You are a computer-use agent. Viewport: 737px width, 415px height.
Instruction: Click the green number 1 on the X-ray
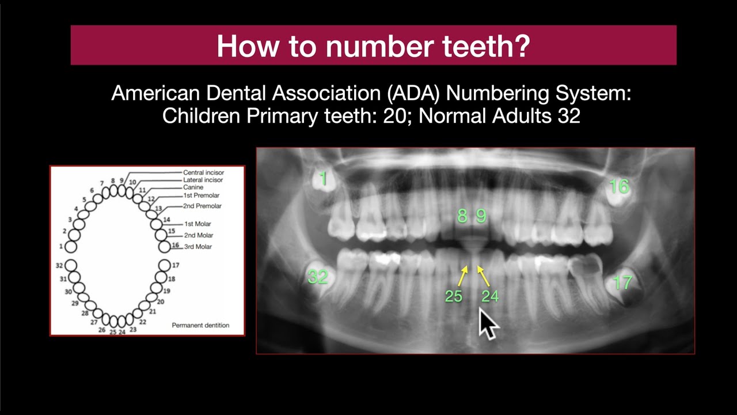pyautogui.click(x=324, y=179)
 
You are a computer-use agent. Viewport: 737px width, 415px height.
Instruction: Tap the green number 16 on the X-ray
pyautogui.click(x=619, y=186)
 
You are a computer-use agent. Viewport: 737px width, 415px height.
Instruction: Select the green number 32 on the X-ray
pyautogui.click(x=318, y=277)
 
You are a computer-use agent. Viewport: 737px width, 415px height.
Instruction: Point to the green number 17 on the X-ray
pyautogui.click(x=622, y=283)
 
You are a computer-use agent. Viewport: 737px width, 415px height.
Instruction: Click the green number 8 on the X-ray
pyautogui.click(x=462, y=216)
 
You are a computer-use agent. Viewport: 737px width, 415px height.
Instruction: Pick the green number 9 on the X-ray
pyautogui.click(x=481, y=216)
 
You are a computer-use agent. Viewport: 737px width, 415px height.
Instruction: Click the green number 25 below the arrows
pyautogui.click(x=454, y=296)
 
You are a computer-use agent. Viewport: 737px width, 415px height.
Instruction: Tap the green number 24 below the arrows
pyautogui.click(x=490, y=296)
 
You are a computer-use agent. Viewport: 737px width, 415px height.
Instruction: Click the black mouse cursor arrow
pyautogui.click(x=488, y=325)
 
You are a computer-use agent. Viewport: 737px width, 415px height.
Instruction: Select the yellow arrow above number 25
pyautogui.click(x=462, y=275)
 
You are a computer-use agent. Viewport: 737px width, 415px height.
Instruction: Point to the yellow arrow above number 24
pyautogui.click(x=484, y=275)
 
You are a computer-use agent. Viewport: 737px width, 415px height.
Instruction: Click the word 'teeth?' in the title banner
pyautogui.click(x=485, y=46)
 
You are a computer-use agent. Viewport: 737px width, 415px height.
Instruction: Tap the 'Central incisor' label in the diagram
pyautogui.click(x=203, y=172)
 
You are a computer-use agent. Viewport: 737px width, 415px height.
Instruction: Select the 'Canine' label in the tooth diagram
pyautogui.click(x=193, y=188)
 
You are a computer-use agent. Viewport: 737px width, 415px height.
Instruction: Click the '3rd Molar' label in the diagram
pyautogui.click(x=197, y=247)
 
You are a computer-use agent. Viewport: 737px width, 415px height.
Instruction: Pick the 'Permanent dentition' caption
pyautogui.click(x=200, y=325)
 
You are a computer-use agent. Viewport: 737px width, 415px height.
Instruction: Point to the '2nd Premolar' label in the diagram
pyautogui.click(x=202, y=206)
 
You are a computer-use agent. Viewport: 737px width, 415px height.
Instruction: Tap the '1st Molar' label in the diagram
pyautogui.click(x=197, y=224)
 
